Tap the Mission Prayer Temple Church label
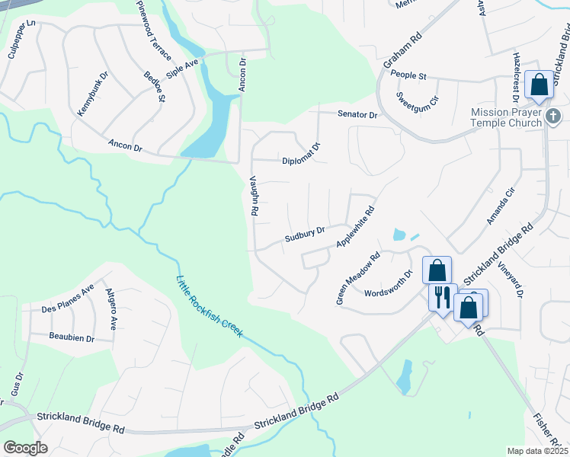click(x=506, y=116)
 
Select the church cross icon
click(x=554, y=117)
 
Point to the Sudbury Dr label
click(x=305, y=232)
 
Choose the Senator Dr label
click(x=358, y=114)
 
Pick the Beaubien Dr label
click(x=71, y=337)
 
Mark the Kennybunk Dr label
click(x=93, y=95)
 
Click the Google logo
click(x=26, y=448)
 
